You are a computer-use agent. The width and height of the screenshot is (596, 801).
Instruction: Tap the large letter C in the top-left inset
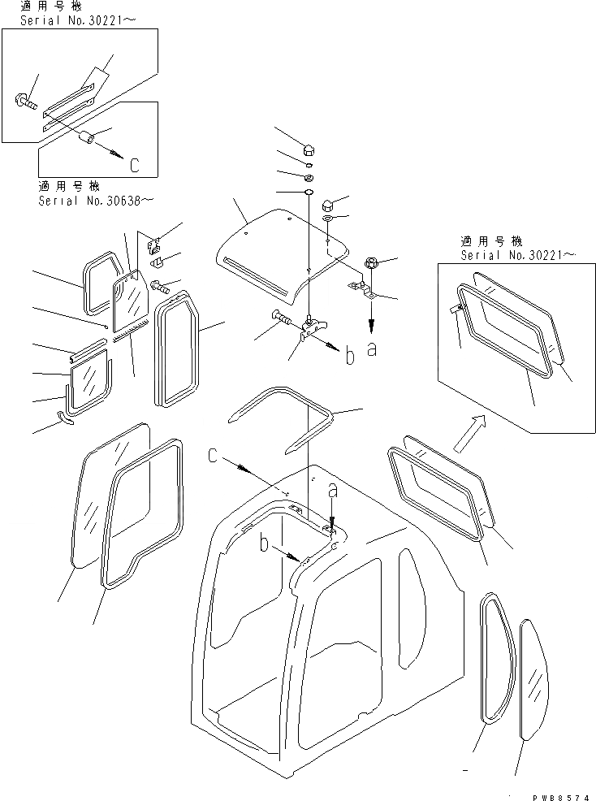(x=135, y=165)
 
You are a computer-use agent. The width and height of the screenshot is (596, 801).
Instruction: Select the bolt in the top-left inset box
(x=24, y=102)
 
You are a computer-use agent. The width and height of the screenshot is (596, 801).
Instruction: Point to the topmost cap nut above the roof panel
(x=309, y=149)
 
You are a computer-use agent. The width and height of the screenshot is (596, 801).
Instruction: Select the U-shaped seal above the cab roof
(x=284, y=419)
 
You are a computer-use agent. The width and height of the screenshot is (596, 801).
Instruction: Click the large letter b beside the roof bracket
(x=349, y=356)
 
